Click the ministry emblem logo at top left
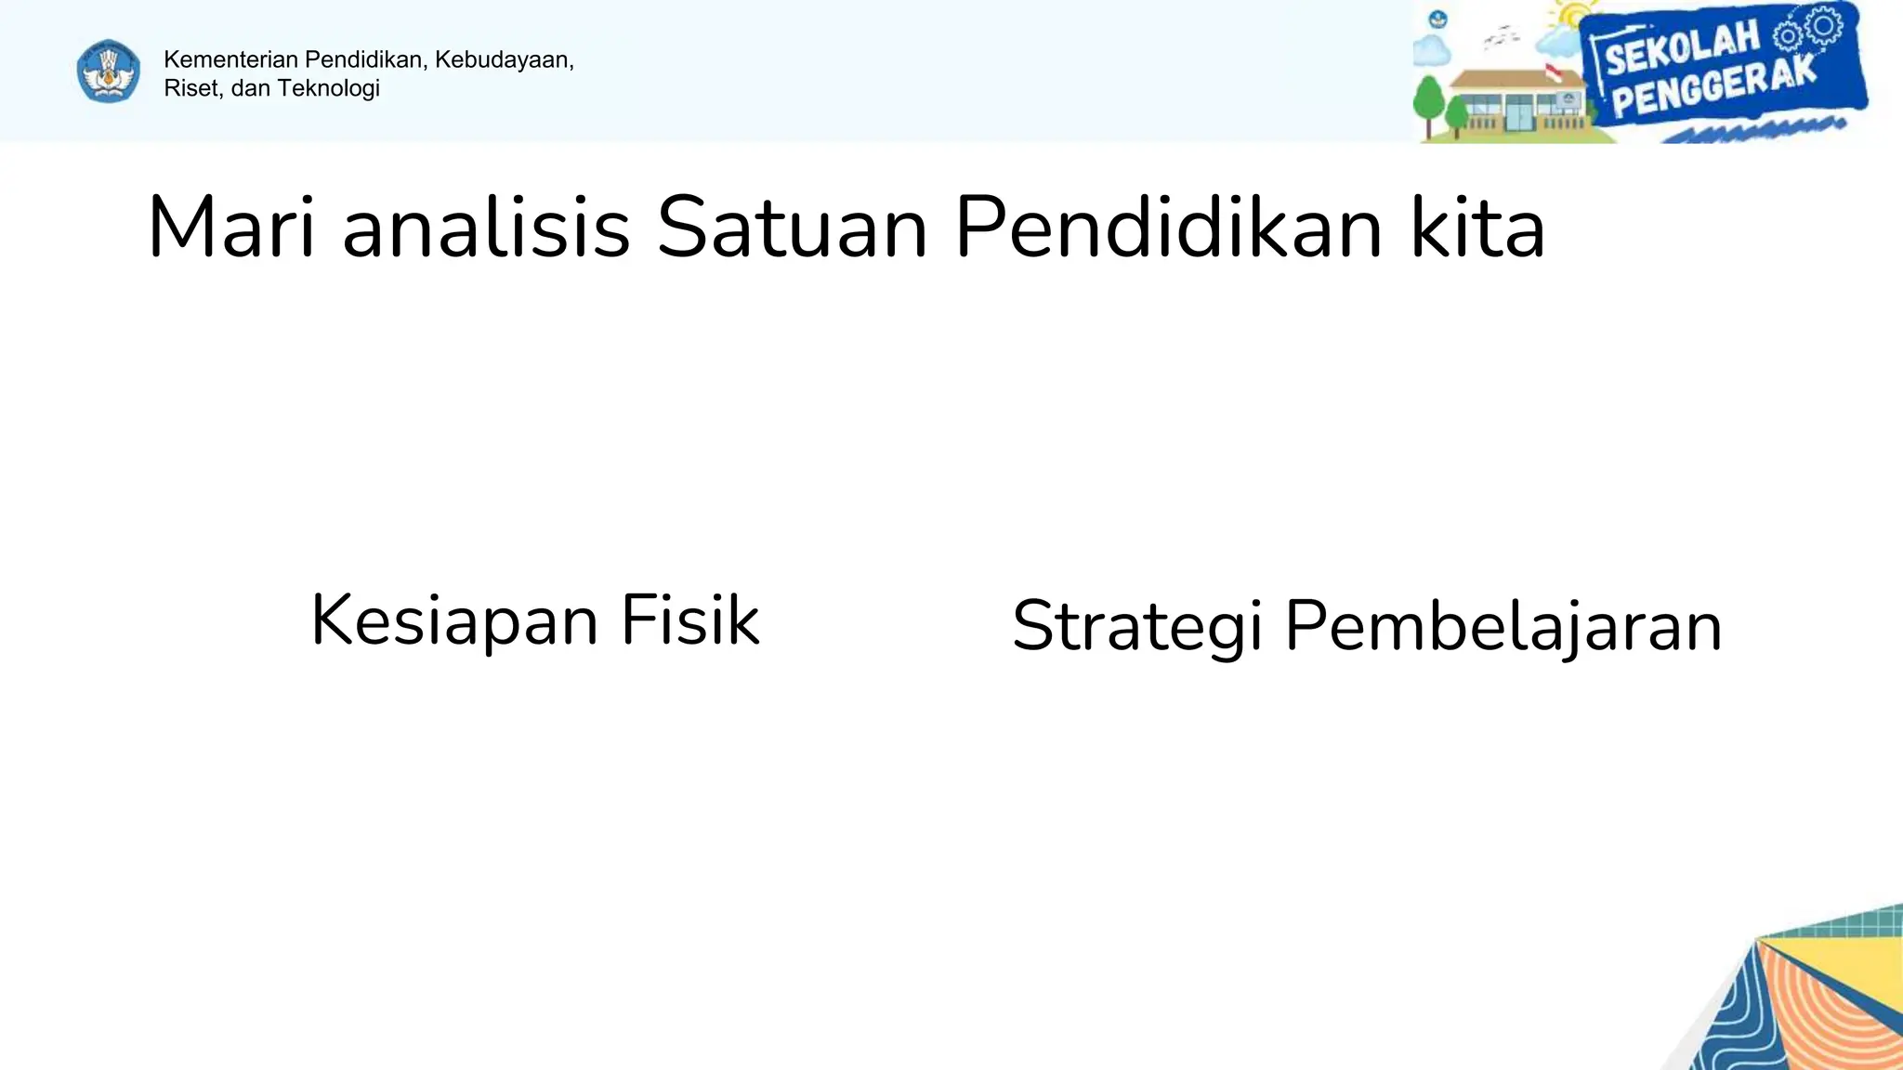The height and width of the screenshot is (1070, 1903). pyautogui.click(x=109, y=72)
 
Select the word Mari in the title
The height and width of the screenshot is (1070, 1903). pyautogui.click(x=231, y=228)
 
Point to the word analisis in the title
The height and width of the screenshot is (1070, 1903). pyautogui.click(x=486, y=228)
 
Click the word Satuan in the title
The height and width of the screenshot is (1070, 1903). pyautogui.click(x=792, y=228)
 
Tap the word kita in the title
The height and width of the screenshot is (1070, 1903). pyautogui.click(x=1477, y=228)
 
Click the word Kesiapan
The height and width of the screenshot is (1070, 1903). pyautogui.click(x=453, y=621)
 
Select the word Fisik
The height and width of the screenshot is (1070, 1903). pyautogui.click(x=690, y=620)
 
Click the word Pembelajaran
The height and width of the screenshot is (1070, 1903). pyautogui.click(x=1503, y=626)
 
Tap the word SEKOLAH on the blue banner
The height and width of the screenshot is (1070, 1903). pyautogui.click(x=1682, y=48)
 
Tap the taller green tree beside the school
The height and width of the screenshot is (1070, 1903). pyautogui.click(x=1428, y=100)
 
